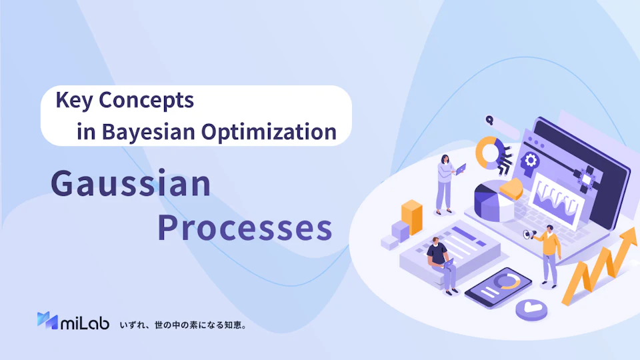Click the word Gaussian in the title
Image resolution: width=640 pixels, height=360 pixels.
[131, 184]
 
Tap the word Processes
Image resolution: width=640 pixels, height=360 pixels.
[245, 228]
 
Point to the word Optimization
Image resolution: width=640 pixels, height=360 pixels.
[269, 132]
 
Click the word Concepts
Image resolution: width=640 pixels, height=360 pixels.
[146, 101]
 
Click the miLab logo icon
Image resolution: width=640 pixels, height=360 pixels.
[47, 321]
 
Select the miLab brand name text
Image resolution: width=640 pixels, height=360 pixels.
[85, 323]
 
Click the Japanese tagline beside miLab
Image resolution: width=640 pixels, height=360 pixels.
[183, 325]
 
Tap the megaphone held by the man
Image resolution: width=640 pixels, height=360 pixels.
[530, 234]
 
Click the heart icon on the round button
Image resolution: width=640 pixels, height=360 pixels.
[531, 307]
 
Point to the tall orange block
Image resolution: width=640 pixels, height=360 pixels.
[411, 217]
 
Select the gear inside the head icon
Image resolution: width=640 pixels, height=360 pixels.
[531, 161]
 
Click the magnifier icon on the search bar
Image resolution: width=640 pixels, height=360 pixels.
[489, 120]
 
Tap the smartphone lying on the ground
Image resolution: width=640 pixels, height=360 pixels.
[499, 287]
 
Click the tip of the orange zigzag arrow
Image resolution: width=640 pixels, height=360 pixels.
[635, 229]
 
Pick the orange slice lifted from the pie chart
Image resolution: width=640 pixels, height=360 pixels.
[511, 189]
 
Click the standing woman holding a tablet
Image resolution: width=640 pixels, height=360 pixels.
[446, 185]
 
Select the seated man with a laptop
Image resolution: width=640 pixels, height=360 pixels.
[441, 265]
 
